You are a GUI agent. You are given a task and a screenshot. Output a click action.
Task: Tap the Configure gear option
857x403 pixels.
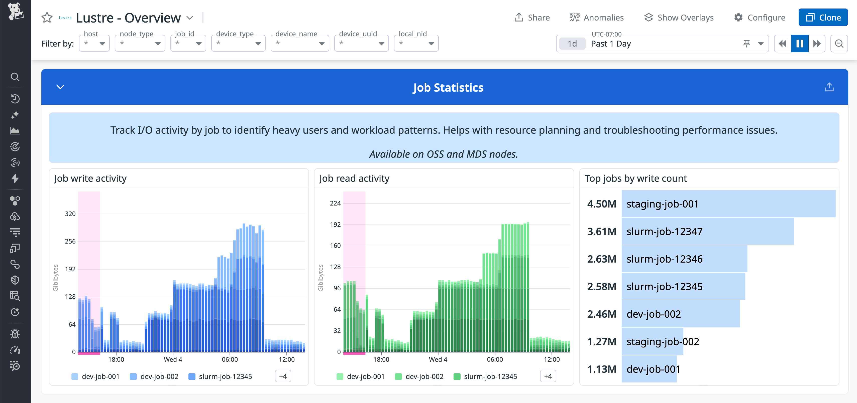click(x=760, y=18)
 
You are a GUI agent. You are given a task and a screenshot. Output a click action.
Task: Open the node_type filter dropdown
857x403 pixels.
click(x=140, y=44)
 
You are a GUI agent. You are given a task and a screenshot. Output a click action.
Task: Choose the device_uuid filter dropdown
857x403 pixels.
click(x=361, y=44)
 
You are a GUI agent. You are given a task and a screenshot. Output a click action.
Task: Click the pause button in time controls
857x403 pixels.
click(x=799, y=44)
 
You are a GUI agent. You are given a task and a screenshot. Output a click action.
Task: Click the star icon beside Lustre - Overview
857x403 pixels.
click(x=47, y=18)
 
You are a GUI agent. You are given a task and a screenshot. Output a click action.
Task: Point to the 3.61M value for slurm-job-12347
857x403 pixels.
click(x=601, y=232)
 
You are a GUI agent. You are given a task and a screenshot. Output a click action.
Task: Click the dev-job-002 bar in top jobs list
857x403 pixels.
click(x=680, y=314)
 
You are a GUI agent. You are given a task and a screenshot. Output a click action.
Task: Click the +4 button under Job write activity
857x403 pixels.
click(x=283, y=376)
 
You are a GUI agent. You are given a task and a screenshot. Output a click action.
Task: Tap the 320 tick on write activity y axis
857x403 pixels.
click(x=70, y=214)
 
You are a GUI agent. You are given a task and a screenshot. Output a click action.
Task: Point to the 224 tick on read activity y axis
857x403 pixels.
click(x=335, y=203)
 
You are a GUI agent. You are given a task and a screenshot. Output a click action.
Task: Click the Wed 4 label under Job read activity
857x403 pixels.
click(x=438, y=359)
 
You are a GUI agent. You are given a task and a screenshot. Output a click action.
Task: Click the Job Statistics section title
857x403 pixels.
click(x=448, y=87)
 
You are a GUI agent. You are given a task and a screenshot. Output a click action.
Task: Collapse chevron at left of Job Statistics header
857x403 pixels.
click(x=60, y=87)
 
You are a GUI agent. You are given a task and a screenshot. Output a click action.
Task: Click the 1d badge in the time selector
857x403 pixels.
click(x=572, y=44)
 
